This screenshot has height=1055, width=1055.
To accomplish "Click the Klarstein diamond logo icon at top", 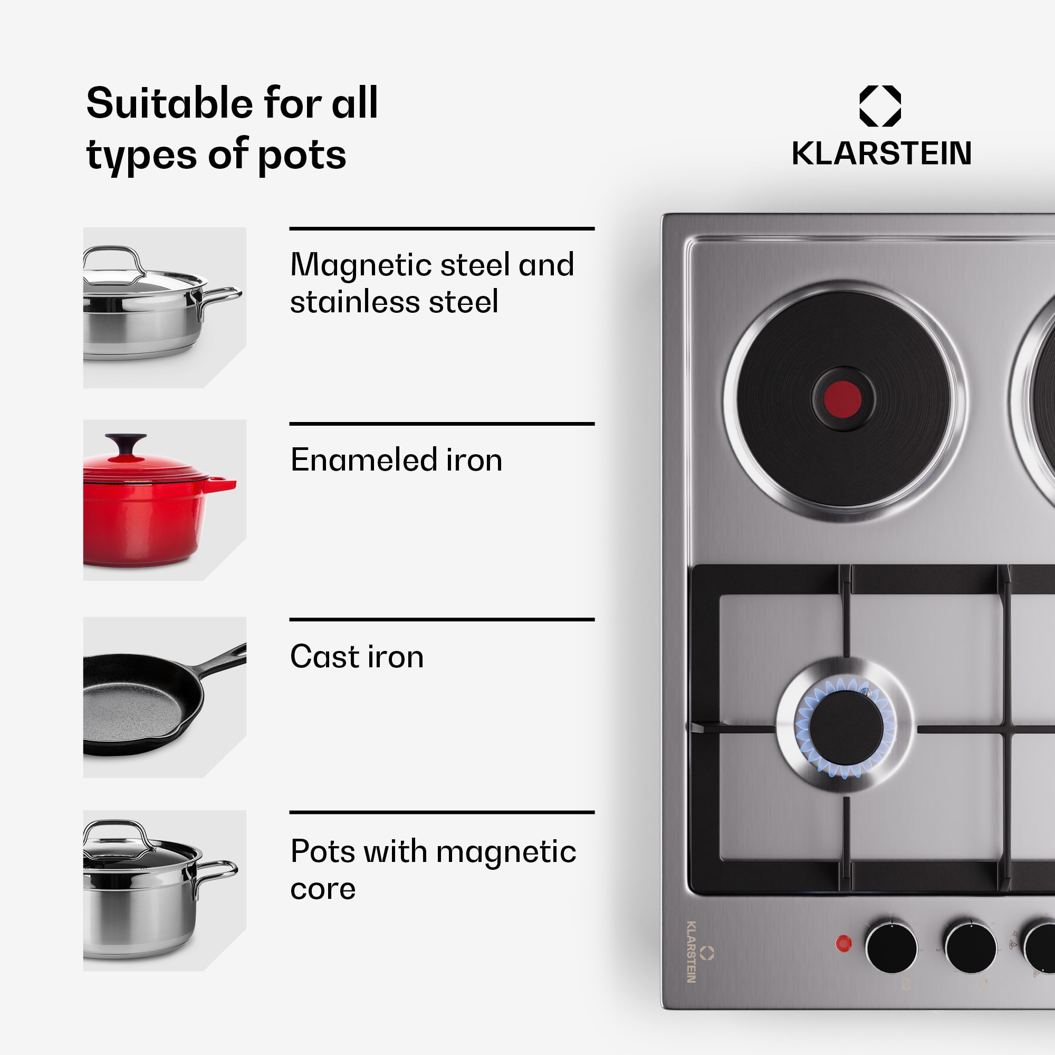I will pos(880,105).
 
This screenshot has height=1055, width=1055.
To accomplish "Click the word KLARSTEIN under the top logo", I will pos(881,154).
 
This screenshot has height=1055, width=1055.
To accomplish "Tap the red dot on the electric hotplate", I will pos(842,399).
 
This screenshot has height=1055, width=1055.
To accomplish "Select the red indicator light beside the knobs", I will pos(843,943).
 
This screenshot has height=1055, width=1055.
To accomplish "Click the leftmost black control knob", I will pos(891,947).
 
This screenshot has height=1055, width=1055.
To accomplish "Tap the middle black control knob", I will pos(971,947).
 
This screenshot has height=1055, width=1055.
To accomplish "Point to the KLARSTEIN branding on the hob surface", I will pos(692,951).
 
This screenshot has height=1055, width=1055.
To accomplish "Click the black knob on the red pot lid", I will pos(126,442).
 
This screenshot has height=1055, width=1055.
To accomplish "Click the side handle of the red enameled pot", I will pos(223,484).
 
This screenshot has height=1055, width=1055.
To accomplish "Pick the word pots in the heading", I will pos(301,156).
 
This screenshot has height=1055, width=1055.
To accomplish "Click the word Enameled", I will pos(362,460).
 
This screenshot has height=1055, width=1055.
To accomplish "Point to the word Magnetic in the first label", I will pos(360,265).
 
